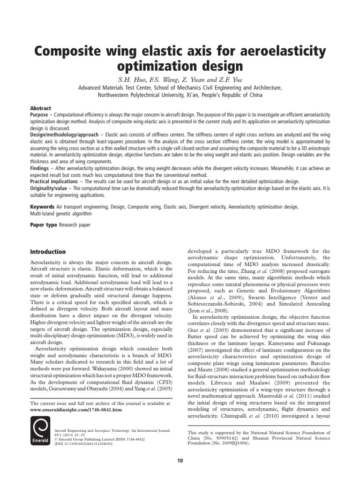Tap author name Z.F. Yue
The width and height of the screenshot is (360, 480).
[x=225, y=79]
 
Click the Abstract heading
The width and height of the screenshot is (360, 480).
[x=40, y=108]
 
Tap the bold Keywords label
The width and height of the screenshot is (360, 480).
[x=43, y=207]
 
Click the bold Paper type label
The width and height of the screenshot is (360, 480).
[x=43, y=225]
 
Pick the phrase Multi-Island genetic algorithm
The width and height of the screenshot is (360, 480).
[x=61, y=213]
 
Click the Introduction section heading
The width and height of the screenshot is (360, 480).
[x=48, y=252]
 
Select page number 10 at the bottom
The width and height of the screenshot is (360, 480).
[x=180, y=461]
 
